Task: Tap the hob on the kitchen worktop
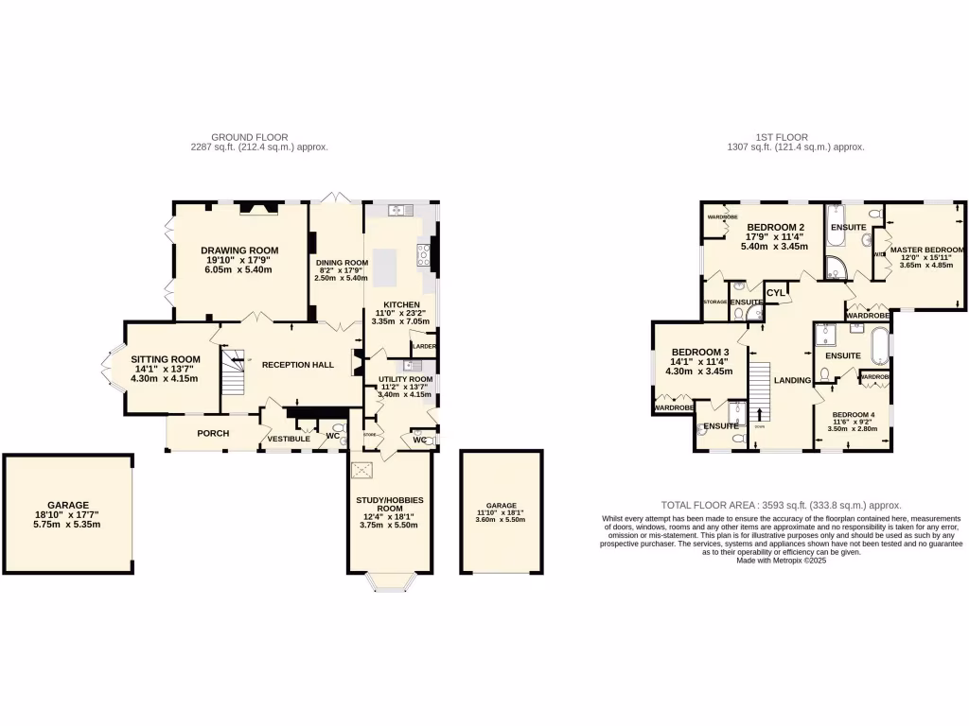(422, 253)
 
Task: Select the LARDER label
(423, 347)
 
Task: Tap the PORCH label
(213, 433)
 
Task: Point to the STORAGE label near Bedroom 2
(714, 302)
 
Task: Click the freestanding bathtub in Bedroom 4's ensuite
(878, 343)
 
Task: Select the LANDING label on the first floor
(792, 380)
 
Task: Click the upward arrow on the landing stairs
(759, 414)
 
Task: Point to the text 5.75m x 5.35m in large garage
(67, 525)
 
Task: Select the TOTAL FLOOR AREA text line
(781, 506)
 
